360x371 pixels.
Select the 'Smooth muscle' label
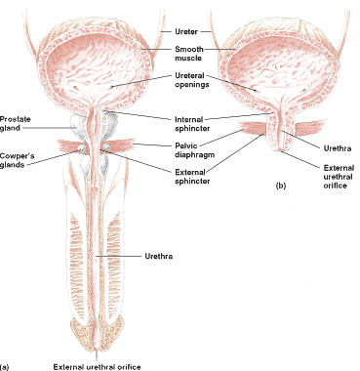coord(189,53)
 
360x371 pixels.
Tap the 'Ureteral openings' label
coord(189,82)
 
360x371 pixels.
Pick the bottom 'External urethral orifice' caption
coord(98,366)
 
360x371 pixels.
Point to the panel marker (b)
coord(281,185)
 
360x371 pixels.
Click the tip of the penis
coord(98,351)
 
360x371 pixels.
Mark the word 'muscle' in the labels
coord(189,58)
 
